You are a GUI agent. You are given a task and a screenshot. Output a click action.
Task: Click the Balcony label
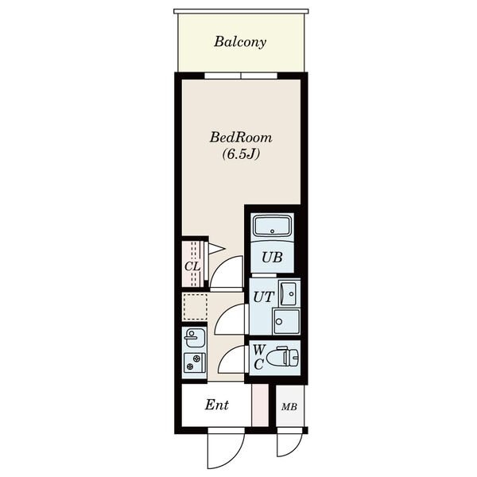pyautogui.click(x=240, y=42)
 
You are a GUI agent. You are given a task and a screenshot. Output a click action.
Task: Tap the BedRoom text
pyautogui.click(x=241, y=138)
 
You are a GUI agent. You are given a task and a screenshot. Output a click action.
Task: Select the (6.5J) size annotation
pyautogui.click(x=241, y=154)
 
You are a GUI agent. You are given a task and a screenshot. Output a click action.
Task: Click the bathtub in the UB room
pyautogui.click(x=272, y=226)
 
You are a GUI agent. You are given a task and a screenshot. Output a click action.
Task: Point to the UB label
pyautogui.click(x=272, y=258)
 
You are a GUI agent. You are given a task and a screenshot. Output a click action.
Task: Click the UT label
pyautogui.click(x=264, y=297)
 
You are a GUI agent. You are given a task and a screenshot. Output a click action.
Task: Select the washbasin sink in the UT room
pyautogui.click(x=288, y=293)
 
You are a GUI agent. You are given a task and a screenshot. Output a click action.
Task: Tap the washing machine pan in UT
pyautogui.click(x=286, y=321)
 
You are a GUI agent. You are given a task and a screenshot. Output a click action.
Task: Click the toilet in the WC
pyautogui.click(x=282, y=357)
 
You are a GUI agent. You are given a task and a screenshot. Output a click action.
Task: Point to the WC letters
pyautogui.click(x=258, y=357)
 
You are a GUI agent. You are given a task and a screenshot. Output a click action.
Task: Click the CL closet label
pyautogui.click(x=192, y=267)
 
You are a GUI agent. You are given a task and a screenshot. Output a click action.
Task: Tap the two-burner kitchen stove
pyautogui.click(x=195, y=363)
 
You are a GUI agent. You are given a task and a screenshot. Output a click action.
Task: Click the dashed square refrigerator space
pyautogui.click(x=195, y=306)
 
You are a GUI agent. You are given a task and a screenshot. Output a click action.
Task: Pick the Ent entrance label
pyautogui.click(x=216, y=405)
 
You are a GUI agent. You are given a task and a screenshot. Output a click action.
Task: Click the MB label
pyautogui.click(x=289, y=407)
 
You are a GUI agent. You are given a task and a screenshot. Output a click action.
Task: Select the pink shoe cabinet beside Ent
pyautogui.click(x=260, y=405)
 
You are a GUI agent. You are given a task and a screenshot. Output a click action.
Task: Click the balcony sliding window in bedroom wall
pyautogui.click(x=241, y=76)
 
